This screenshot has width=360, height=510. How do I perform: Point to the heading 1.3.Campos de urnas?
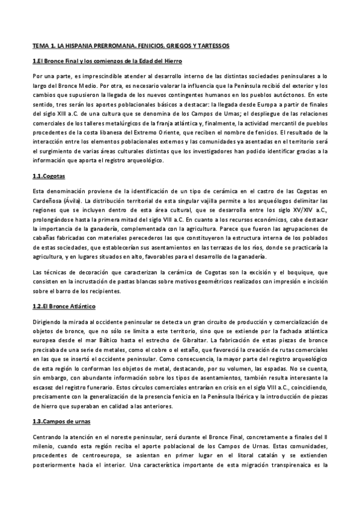pos(61,421)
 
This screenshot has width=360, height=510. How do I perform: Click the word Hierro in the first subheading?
pos(171,61)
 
